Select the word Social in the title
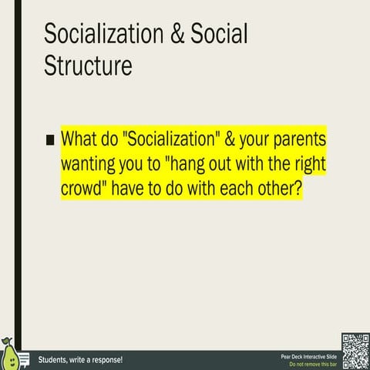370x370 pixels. [220, 35]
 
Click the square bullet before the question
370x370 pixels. [50, 140]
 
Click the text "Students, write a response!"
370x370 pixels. [80, 360]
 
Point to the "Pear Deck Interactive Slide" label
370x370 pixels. [308, 356]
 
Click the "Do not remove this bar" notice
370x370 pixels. [311, 364]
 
